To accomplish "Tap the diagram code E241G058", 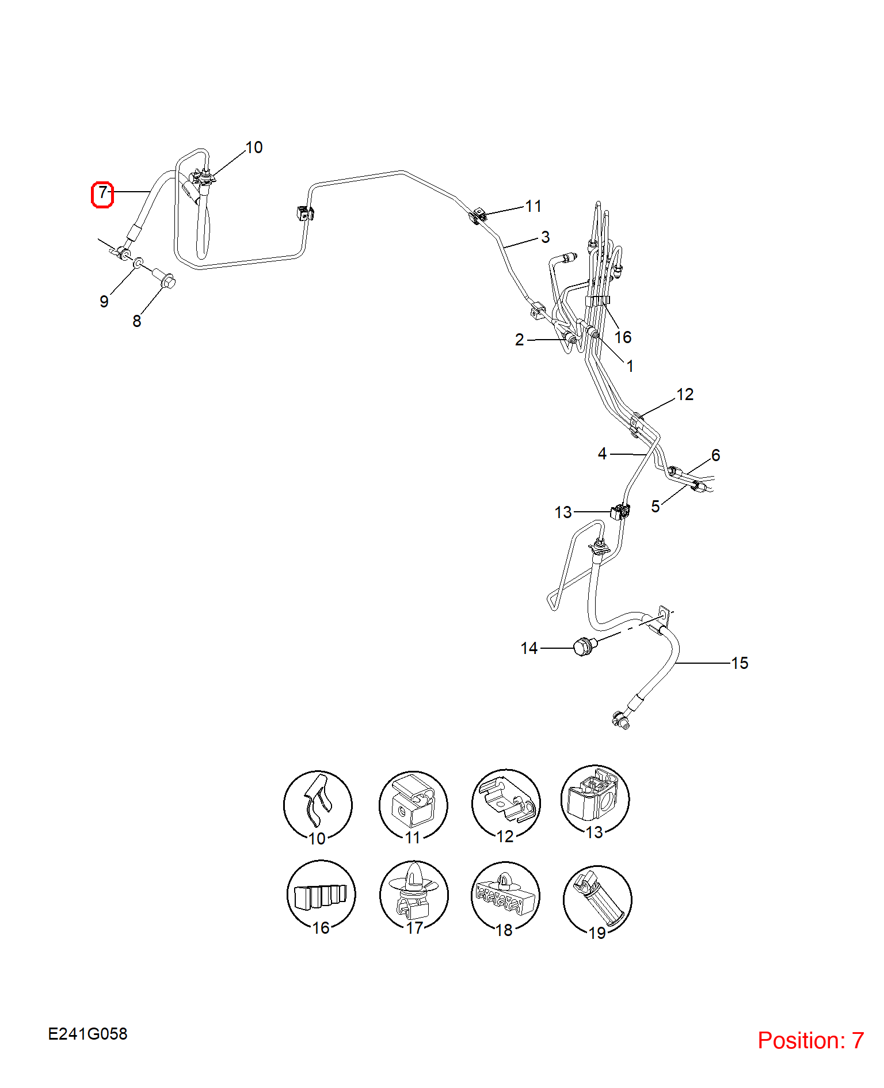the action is [x=87, y=1034].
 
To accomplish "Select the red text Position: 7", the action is [x=810, y=1040].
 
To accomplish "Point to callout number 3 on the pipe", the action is [x=546, y=237].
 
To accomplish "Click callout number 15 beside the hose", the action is [x=740, y=663].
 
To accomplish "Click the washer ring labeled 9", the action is [x=138, y=264].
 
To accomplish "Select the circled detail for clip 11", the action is [x=413, y=805].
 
